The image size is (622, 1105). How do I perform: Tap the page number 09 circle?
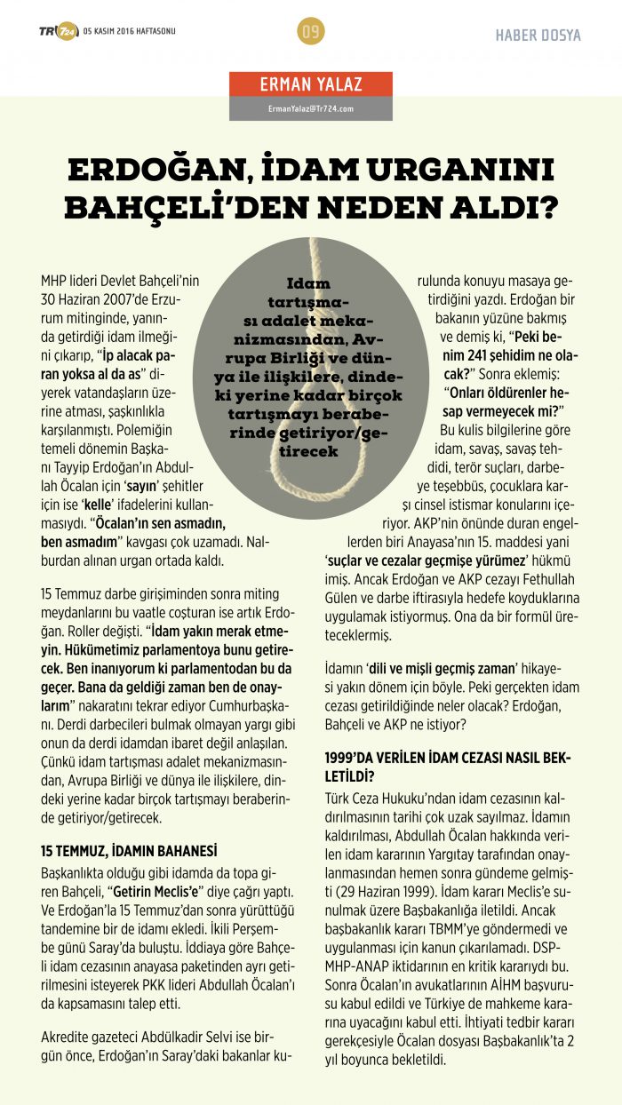311,33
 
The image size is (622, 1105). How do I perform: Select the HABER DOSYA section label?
538,36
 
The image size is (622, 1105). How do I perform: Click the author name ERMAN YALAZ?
311,85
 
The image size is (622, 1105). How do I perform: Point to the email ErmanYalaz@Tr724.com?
311,108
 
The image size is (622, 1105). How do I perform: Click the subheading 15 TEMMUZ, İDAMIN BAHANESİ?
129,850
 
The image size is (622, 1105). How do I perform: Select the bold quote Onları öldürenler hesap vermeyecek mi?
506,406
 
